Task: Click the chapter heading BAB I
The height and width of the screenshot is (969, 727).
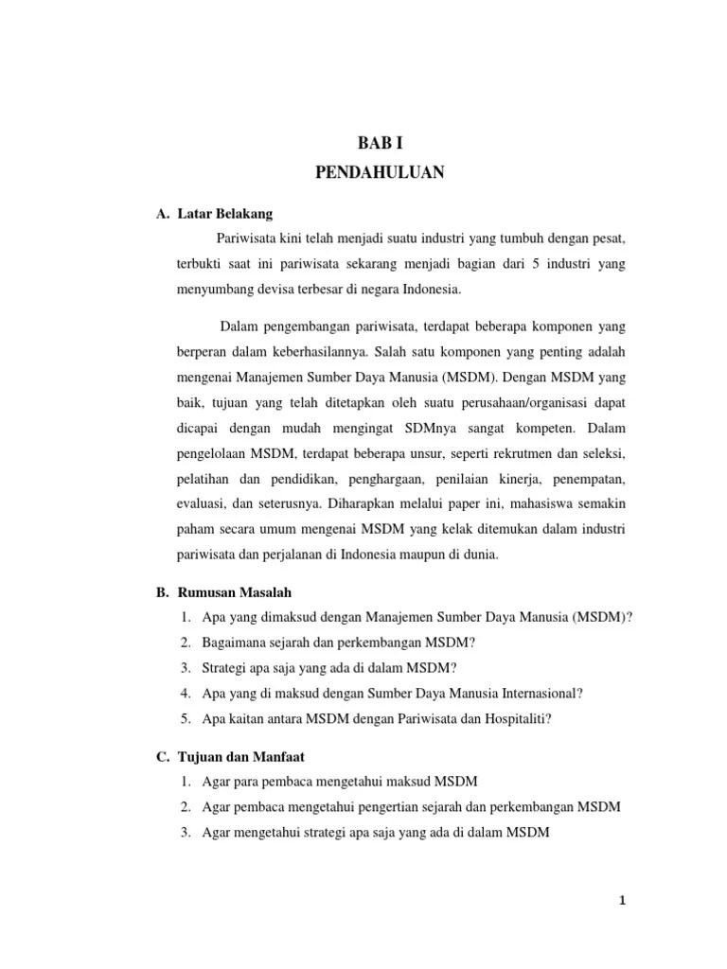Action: click(x=379, y=143)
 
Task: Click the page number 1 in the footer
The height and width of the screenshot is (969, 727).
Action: click(x=622, y=901)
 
